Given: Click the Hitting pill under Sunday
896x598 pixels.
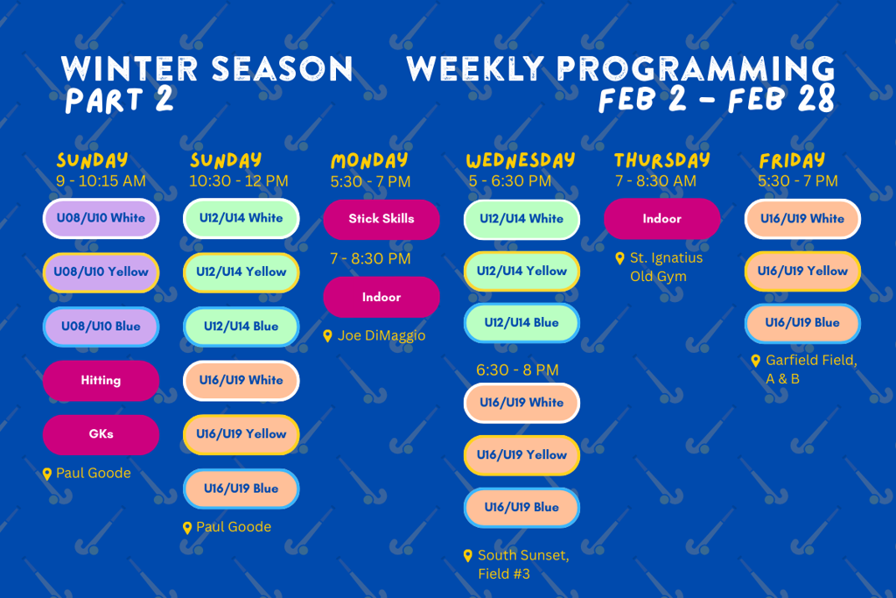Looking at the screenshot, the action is tap(101, 380).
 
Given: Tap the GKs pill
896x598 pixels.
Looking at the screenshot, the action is tap(101, 434).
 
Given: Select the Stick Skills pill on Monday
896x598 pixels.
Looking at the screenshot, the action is tap(381, 219).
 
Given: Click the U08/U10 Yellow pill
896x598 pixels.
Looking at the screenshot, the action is tap(101, 272).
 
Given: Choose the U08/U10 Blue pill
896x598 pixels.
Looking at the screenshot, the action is tap(101, 327).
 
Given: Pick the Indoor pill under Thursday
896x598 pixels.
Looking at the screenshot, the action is tap(661, 219).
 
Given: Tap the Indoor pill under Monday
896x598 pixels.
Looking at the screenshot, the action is tap(381, 298).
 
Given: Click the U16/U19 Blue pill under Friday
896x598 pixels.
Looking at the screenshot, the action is tap(802, 323).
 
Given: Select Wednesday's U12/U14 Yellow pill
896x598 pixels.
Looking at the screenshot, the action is tap(521, 271).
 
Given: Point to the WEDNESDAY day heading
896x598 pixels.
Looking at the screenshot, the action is tap(521, 160).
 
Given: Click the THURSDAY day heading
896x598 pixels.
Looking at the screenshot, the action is tap(661, 160).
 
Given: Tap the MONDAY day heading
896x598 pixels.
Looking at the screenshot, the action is tap(369, 160).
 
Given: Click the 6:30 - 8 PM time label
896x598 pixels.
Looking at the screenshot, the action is tap(517, 370).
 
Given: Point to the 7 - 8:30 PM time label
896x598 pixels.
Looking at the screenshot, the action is tap(370, 259).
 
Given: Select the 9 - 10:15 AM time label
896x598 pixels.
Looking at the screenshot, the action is tap(101, 181).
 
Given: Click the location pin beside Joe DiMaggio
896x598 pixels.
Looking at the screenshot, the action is tap(327, 336).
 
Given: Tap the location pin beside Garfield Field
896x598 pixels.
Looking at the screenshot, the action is tap(755, 361).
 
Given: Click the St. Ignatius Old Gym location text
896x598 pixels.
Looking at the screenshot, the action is tap(666, 267).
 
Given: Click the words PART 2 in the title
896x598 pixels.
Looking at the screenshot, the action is tap(119, 100).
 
